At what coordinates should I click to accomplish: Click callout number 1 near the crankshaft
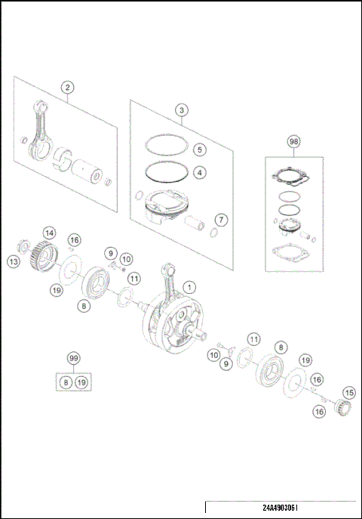click(189, 286)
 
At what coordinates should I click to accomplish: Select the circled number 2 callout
click(68, 88)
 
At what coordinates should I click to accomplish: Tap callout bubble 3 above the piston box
click(183, 110)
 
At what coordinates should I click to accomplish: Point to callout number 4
click(199, 172)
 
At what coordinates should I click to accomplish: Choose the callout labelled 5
click(199, 149)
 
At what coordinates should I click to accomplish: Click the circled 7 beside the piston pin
click(220, 220)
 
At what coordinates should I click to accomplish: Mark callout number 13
click(14, 261)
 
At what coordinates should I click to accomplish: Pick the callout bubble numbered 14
click(49, 233)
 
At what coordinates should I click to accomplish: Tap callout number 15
click(348, 393)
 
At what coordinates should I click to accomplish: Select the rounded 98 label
click(293, 141)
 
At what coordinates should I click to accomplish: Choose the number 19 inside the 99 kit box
click(82, 383)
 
